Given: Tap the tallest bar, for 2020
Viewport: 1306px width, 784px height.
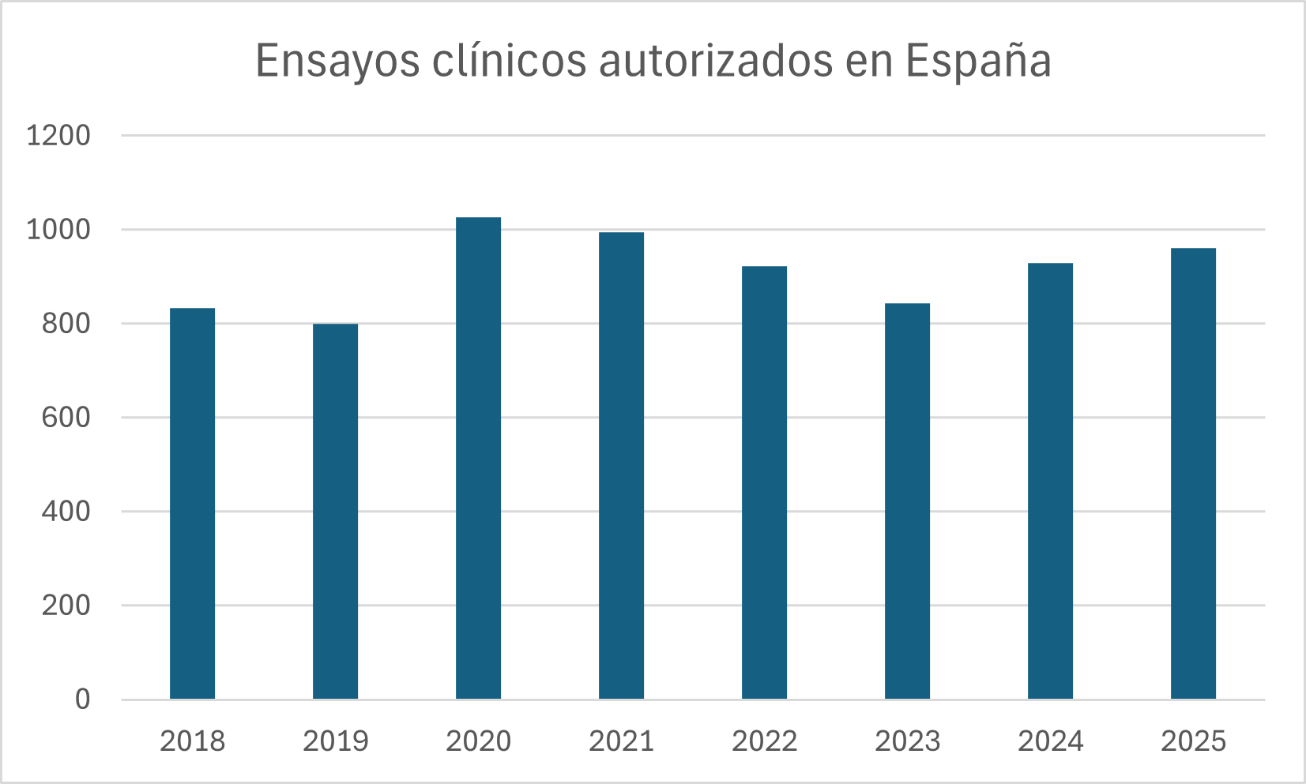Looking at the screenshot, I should [x=478, y=458].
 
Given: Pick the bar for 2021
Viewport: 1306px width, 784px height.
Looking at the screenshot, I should [x=621, y=466].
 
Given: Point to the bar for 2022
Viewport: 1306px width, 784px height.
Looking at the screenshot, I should [x=764, y=482].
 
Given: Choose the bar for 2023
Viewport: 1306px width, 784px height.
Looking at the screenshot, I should [x=907, y=501].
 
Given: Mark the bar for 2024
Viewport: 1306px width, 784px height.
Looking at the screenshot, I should [x=1050, y=481].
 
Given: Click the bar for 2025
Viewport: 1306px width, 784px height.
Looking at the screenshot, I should [x=1193, y=474].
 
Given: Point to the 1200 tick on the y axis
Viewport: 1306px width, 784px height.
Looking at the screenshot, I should [x=58, y=136].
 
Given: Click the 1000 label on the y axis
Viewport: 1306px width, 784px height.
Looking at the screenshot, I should [x=58, y=230].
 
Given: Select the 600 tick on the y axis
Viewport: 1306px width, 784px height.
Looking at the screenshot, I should [x=66, y=418].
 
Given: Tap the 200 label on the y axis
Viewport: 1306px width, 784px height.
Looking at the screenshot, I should [x=66, y=606].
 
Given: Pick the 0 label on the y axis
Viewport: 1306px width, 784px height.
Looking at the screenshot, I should [x=82, y=700].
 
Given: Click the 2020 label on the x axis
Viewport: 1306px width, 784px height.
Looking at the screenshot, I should [x=478, y=741].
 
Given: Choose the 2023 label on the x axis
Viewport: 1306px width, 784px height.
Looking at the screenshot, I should [x=907, y=741].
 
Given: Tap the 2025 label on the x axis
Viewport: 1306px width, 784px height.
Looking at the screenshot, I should [x=1193, y=741].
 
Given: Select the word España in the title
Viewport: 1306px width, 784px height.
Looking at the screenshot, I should [x=978, y=62].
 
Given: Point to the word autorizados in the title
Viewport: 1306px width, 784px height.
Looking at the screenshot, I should [x=716, y=62].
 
